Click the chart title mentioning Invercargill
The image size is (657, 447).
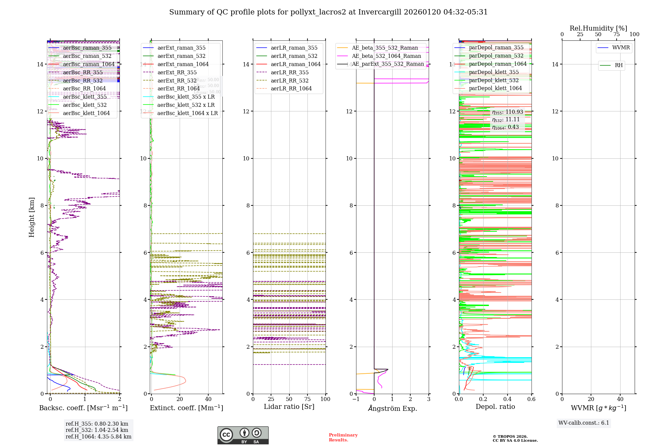point(328,12)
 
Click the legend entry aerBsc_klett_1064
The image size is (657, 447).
point(86,113)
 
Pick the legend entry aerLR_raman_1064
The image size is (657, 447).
point(295,64)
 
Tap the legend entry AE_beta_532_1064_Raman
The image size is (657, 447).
point(386,56)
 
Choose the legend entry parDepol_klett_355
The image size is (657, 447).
point(494,72)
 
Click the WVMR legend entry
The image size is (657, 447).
point(621,48)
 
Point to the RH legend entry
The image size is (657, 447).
point(619,65)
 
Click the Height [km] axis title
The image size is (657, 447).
point(32,217)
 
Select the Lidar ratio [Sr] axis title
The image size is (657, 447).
point(289,407)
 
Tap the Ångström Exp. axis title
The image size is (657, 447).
point(392,409)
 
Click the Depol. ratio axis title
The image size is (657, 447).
point(495,407)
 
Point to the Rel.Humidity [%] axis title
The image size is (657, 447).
point(598,28)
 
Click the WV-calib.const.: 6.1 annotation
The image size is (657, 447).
point(583,423)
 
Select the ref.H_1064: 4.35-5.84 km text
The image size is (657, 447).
point(98,437)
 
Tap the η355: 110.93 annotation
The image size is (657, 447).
point(507,112)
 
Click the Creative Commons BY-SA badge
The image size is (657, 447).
point(243,435)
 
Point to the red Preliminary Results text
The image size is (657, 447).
point(343,437)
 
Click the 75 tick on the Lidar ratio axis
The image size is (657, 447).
point(307,399)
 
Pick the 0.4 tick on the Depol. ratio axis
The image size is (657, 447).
point(507,399)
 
